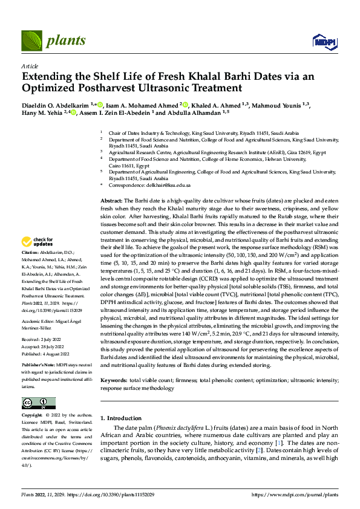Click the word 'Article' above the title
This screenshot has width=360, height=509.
coord(30,66)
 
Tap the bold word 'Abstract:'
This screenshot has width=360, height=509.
coord(111,199)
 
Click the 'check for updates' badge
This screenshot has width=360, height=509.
coord(38,241)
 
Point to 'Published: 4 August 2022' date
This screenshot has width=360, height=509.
coord(45,354)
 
